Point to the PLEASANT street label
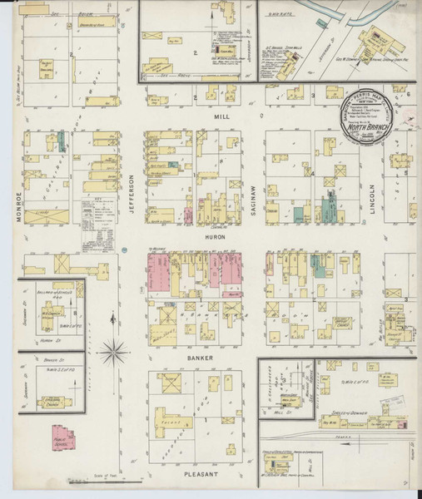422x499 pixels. pyautogui.click(x=200, y=475)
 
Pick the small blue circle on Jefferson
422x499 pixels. pyautogui.click(x=123, y=249)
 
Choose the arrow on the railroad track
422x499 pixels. pyautogui.click(x=346, y=444)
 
